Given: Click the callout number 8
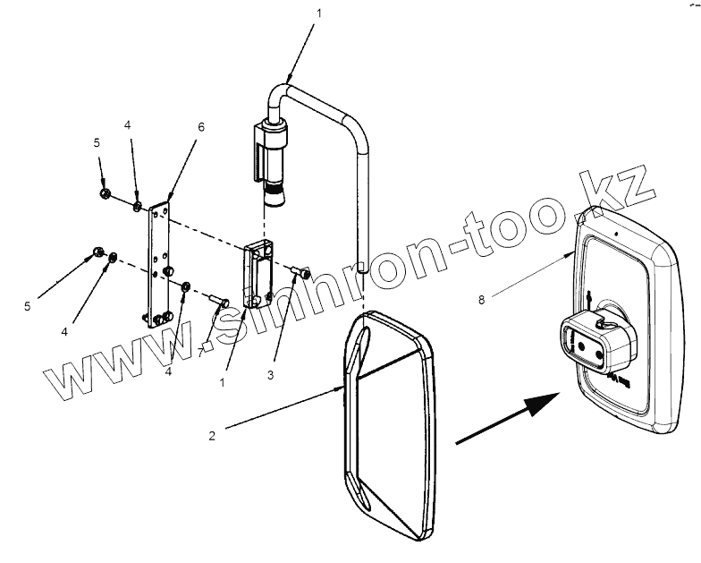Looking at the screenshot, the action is coord(481,300).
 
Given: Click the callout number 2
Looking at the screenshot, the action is coord(212,435).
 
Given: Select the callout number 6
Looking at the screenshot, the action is coord(201,127).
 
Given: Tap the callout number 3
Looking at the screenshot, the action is coord(270,375).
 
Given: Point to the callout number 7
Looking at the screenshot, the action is coord(200,354).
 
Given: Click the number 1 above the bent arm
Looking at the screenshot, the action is coord(318,13).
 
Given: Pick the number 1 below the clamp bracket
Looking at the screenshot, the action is coord(222,383).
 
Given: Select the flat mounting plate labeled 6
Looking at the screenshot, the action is coord(159,267).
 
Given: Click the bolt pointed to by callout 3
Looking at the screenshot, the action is coord(301,271).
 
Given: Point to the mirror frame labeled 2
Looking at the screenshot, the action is coord(388,425).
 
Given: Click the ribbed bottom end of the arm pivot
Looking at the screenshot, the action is coord(274,195).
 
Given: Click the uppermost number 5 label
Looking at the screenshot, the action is coord(97,143).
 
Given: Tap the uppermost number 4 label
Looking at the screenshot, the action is coord(128,125).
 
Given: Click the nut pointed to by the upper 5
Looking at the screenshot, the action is coord(105,193).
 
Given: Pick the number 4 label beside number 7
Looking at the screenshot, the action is coord(168,371).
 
